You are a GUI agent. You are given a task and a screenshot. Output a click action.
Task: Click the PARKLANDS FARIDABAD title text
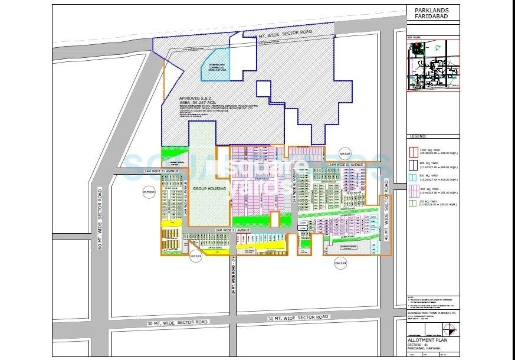coord(428,14)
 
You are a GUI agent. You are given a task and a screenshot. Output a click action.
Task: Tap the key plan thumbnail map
coord(433,65)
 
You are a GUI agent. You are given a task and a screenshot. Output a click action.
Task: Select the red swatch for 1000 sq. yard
coord(413,151)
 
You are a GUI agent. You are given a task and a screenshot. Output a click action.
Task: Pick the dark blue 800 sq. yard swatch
coord(413,164)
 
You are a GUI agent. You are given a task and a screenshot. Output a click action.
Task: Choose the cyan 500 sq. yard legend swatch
coord(413,177)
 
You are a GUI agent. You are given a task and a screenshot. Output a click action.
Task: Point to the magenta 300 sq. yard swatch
coord(413,190)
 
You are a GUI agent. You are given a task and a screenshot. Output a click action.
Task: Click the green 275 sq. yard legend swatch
coord(413,202)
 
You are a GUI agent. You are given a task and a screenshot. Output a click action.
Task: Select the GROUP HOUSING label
coord(209,188)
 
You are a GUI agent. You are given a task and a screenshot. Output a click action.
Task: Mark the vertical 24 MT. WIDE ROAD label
coord(234,275)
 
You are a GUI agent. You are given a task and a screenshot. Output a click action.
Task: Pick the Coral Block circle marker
coord(340,263)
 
